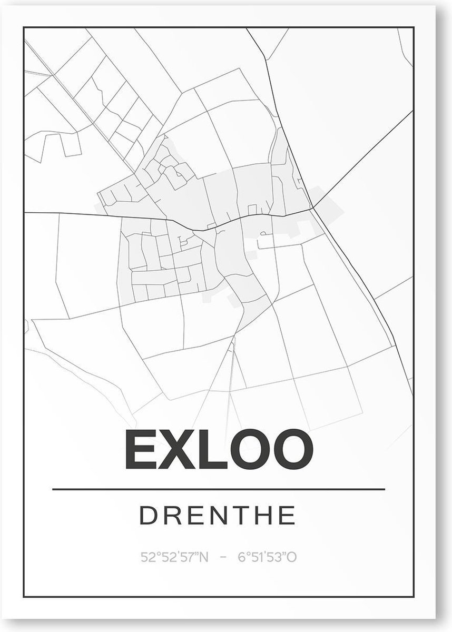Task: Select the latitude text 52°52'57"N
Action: point(175,557)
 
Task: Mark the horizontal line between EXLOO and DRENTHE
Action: point(218,489)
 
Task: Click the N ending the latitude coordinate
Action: point(204,557)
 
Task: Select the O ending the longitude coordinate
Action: point(292,557)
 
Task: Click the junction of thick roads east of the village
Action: point(312,208)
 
